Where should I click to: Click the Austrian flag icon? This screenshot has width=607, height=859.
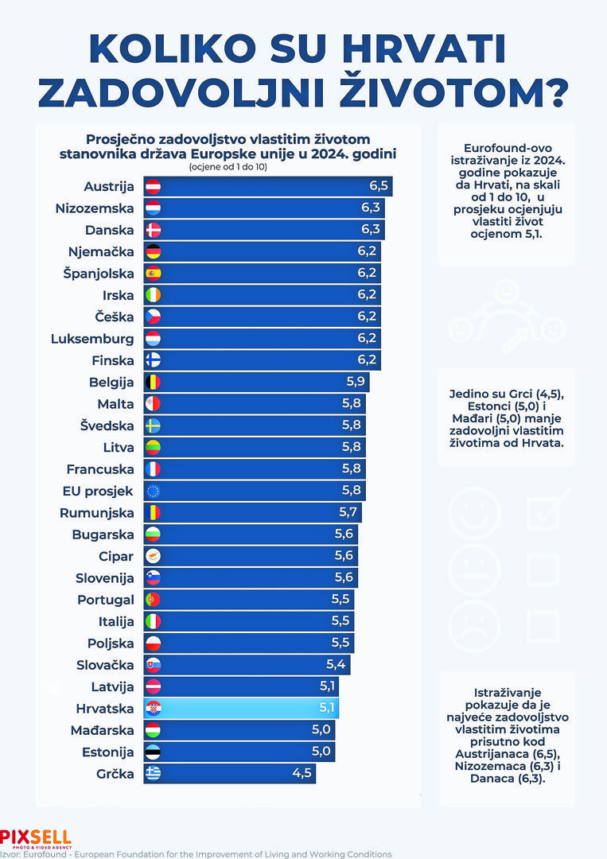153,187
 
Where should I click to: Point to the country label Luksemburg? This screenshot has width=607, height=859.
92,339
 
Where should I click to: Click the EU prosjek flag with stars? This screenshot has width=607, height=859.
153,491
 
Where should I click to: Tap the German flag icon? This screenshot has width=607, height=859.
153,252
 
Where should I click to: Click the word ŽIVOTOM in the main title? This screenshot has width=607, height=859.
453,92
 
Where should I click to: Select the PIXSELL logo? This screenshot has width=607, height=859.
36,838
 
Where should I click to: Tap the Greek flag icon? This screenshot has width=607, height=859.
153,772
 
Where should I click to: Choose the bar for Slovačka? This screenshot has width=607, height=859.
247,664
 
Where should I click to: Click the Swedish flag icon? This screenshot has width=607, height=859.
153,426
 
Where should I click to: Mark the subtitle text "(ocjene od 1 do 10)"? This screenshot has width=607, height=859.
228,167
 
